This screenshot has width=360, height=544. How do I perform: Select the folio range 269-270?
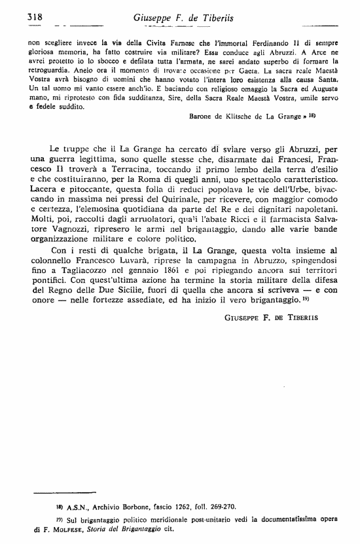pos(223,506)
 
